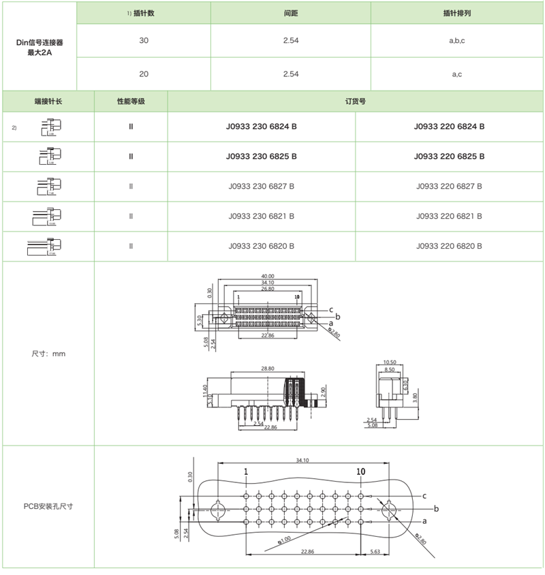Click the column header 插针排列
(x=457, y=13)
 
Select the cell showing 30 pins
(x=144, y=41)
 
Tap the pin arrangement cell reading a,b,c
(x=457, y=41)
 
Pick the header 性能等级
(x=131, y=101)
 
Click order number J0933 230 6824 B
(x=262, y=127)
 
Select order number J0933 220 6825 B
(x=450, y=157)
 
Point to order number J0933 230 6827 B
(x=262, y=187)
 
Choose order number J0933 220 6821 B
(x=450, y=216)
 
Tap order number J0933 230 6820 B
(x=262, y=246)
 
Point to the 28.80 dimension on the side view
(x=268, y=368)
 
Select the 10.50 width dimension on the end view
(x=390, y=362)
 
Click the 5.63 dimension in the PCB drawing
(x=375, y=551)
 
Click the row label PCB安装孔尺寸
(x=48, y=506)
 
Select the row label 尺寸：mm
(x=48, y=354)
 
